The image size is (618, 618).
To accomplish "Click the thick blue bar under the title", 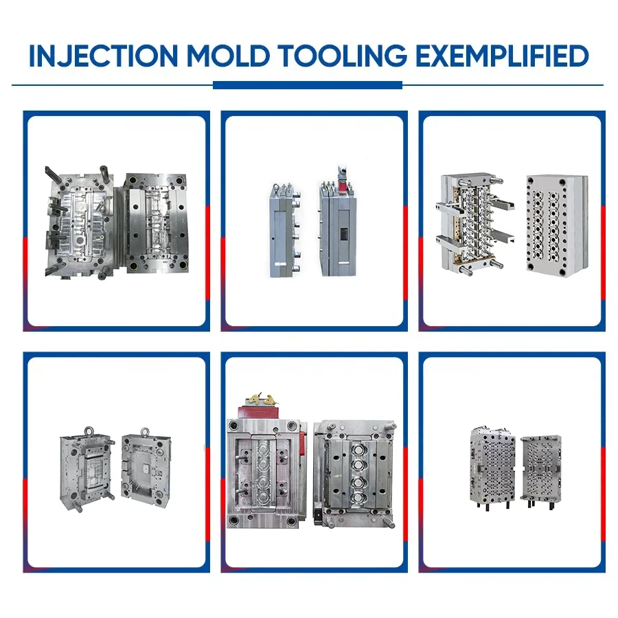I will point(307,85).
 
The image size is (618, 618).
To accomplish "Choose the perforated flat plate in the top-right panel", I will point(554,223).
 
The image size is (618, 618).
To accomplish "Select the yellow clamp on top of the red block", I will point(261,398).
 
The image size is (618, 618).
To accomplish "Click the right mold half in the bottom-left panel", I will point(146,467).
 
